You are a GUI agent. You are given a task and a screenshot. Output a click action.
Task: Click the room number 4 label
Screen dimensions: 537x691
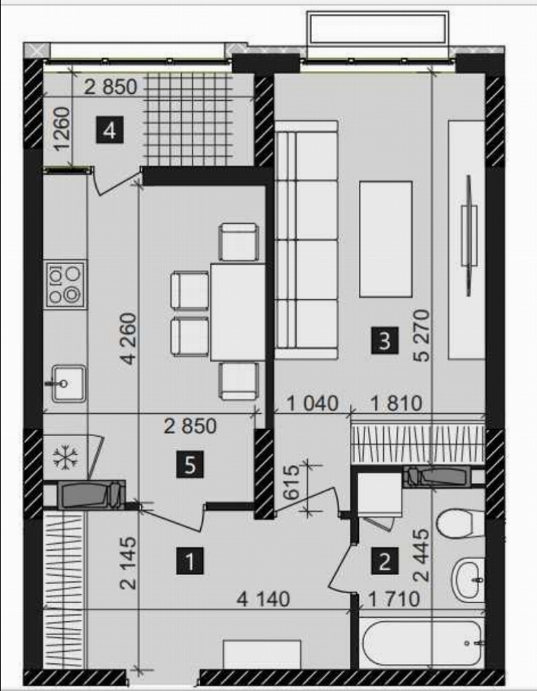point(110,130)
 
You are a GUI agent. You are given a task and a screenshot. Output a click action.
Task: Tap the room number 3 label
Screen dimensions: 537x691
point(384,340)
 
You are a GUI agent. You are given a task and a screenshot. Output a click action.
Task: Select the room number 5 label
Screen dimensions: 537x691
point(190,464)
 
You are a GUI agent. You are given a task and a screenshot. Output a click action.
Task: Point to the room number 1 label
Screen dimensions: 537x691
point(190,561)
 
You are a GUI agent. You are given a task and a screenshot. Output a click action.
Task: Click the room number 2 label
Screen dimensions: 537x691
point(384,561)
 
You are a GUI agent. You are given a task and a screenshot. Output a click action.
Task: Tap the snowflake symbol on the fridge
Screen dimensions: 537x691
point(66,457)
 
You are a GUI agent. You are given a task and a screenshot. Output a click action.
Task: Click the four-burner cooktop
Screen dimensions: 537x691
point(66,284)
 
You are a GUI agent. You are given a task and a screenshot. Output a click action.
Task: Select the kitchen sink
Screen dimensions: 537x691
point(68,384)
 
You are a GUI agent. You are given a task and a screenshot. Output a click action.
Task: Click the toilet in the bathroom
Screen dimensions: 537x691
point(460,524)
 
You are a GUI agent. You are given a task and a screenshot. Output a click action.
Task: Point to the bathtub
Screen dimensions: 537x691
point(422,643)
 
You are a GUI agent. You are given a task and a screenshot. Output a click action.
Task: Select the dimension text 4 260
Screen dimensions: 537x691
point(128,339)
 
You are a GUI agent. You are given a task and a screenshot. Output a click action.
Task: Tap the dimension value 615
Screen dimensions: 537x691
point(291,482)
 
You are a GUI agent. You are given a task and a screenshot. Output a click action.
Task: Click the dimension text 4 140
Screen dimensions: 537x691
point(263,599)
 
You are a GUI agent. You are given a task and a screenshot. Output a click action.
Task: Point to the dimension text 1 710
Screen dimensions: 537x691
point(393,599)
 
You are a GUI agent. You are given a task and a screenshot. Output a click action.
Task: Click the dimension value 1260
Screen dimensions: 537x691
point(61,129)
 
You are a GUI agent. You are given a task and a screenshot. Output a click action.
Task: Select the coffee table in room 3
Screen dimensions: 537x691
point(386,239)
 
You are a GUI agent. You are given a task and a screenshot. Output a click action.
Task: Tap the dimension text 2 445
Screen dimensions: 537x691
point(421,556)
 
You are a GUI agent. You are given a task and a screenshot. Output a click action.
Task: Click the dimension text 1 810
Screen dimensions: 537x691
point(396,404)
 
